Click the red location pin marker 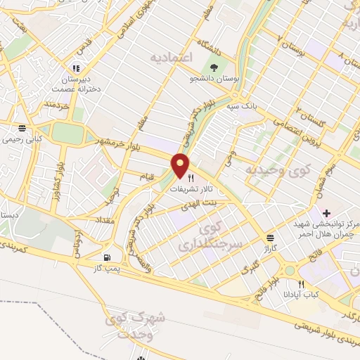181,166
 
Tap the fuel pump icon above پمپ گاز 107,258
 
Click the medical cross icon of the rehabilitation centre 326,212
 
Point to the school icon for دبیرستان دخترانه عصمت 75,69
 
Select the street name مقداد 106,219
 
